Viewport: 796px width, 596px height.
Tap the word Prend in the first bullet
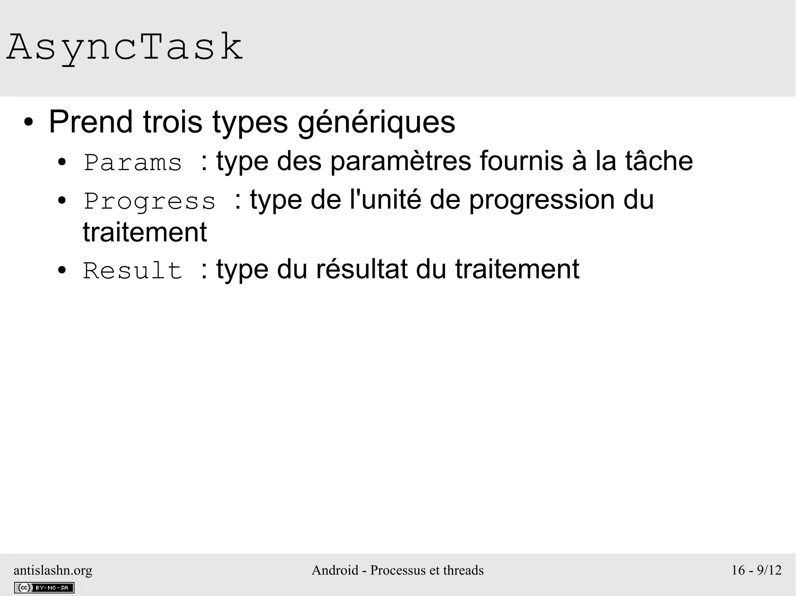[x=91, y=122]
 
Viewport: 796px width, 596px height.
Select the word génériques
[x=376, y=123]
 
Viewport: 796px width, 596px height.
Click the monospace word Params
[x=133, y=163]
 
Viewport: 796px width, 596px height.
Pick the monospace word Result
[x=133, y=271]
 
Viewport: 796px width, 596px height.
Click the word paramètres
[x=401, y=162]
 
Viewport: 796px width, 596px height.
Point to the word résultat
[x=362, y=269]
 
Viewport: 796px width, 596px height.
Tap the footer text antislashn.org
[x=53, y=570]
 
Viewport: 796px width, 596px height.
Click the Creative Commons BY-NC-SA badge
[x=44, y=588]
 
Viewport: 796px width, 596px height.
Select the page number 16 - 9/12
[x=756, y=570]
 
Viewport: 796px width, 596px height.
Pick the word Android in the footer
[x=335, y=570]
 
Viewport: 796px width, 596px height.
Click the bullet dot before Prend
[x=28, y=123]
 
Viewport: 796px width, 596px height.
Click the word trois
[x=173, y=122]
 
